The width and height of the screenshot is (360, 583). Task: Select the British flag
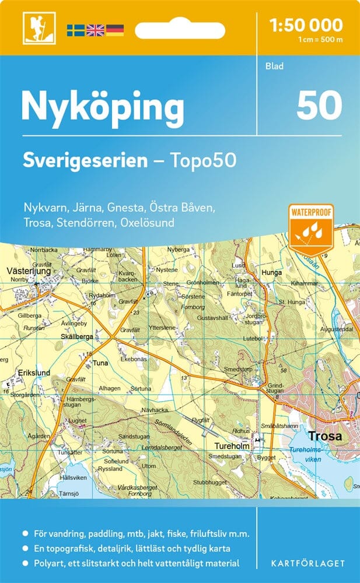click(x=95, y=29)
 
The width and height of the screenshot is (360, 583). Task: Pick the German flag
click(x=114, y=29)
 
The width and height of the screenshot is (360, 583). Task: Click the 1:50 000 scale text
click(x=306, y=24)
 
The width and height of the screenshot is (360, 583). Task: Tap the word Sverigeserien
click(x=85, y=160)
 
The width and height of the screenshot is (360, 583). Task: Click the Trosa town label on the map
click(x=325, y=436)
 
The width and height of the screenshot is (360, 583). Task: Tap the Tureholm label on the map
click(x=229, y=447)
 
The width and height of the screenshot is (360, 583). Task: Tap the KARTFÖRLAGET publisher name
click(x=307, y=563)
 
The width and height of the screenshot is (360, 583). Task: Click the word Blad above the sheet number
click(x=274, y=66)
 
